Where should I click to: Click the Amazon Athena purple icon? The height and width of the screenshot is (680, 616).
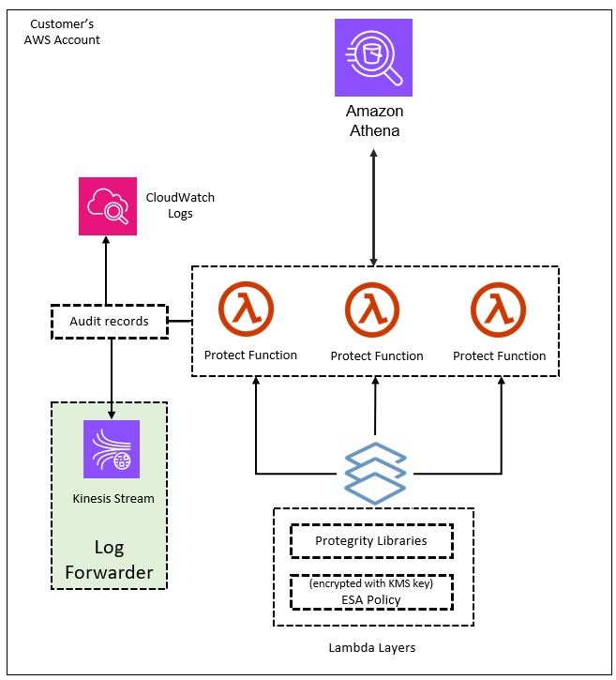click(x=373, y=57)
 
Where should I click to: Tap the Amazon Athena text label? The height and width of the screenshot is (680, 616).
click(x=374, y=121)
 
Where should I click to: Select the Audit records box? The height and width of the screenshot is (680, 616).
click(x=109, y=322)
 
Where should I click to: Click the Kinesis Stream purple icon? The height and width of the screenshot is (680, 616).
click(x=112, y=449)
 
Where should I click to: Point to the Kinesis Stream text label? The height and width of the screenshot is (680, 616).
click(x=113, y=499)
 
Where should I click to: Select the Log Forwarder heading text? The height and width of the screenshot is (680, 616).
click(x=109, y=559)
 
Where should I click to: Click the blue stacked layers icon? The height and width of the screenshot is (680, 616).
click(x=375, y=471)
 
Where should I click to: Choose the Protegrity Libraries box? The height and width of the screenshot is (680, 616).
click(x=371, y=541)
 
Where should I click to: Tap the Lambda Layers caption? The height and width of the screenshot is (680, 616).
click(x=372, y=648)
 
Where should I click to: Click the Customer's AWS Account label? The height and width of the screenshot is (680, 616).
click(x=62, y=31)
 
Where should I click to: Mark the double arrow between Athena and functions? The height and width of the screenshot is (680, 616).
click(x=374, y=204)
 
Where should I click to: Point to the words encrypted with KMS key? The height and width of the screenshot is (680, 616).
click(x=371, y=583)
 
